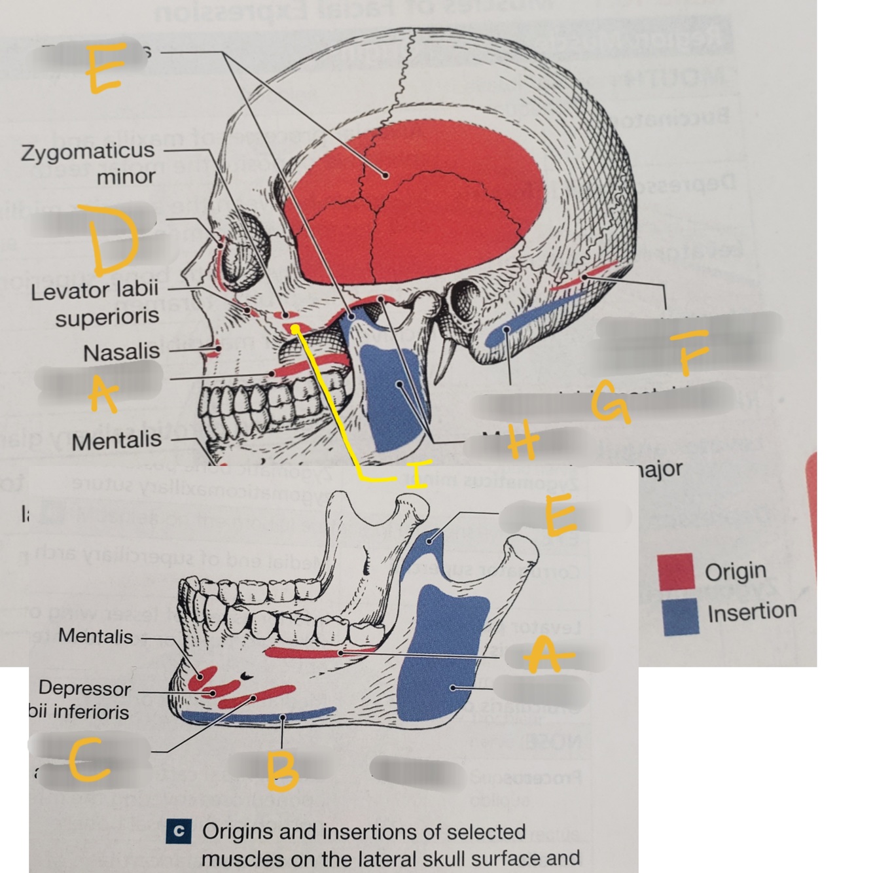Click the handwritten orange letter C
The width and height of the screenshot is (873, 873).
point(89,761)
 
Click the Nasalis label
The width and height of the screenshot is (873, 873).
point(122,353)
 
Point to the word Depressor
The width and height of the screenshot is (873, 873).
point(84,688)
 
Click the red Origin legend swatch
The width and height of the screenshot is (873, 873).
point(676,571)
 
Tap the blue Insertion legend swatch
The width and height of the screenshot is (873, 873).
point(680,615)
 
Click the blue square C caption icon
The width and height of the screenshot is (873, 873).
point(177,831)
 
